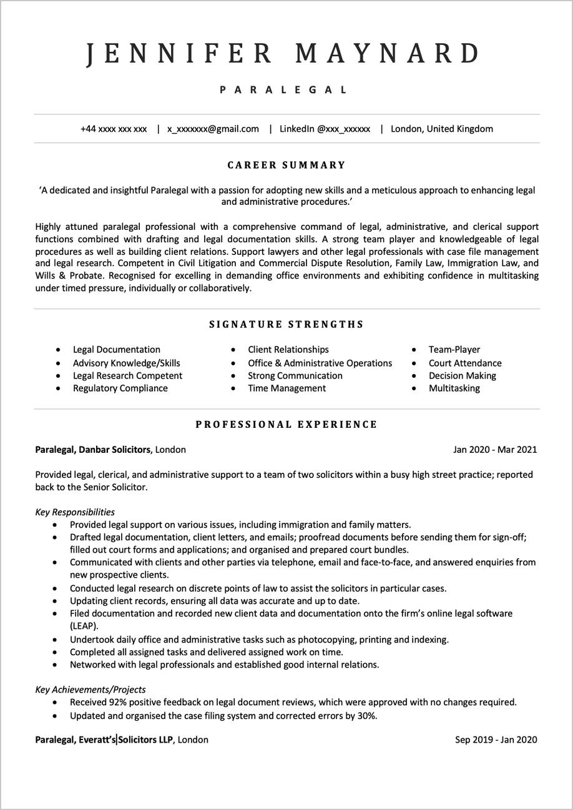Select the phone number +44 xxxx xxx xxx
[114, 129]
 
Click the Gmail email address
[213, 129]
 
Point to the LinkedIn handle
[325, 129]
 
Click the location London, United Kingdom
[442, 129]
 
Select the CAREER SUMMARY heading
[286, 165]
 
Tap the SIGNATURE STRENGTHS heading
[286, 325]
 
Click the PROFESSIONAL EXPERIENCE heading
[286, 425]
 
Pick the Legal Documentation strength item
[117, 350]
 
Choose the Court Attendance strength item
[465, 363]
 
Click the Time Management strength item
[286, 388]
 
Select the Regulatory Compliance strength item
[120, 388]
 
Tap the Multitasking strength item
[454, 388]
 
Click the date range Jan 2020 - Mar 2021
[495, 450]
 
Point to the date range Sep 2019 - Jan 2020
[496, 740]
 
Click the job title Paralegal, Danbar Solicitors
[93, 450]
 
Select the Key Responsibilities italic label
[75, 512]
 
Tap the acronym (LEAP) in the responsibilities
[84, 626]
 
